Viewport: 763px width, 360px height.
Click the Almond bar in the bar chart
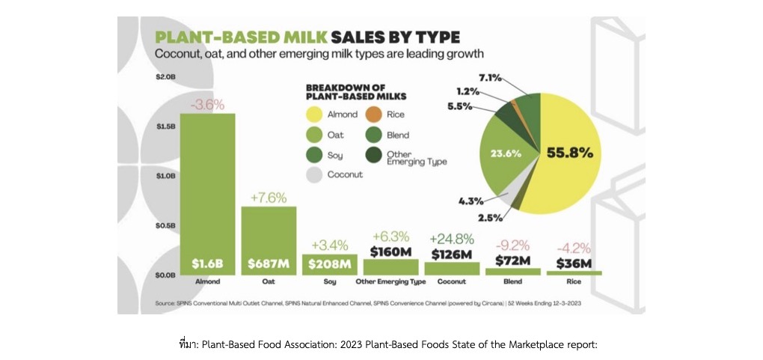click(207, 195)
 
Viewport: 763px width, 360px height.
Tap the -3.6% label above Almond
click(207, 105)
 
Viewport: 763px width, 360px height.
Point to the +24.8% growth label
click(452, 240)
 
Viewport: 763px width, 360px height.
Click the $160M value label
click(390, 251)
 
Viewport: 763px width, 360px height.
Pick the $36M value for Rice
click(574, 263)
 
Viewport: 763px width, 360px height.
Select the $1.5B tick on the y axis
click(165, 126)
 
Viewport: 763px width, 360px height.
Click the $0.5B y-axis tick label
click(165, 225)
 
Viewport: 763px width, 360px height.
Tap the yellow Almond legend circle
click(313, 115)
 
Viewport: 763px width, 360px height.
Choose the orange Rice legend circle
click(371, 115)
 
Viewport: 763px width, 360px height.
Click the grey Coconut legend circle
click(313, 174)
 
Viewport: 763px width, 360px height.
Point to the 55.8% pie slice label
click(570, 153)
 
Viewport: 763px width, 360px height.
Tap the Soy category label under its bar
click(329, 281)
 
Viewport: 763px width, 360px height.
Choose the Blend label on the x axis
click(512, 281)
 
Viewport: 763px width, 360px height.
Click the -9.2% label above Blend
click(512, 244)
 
